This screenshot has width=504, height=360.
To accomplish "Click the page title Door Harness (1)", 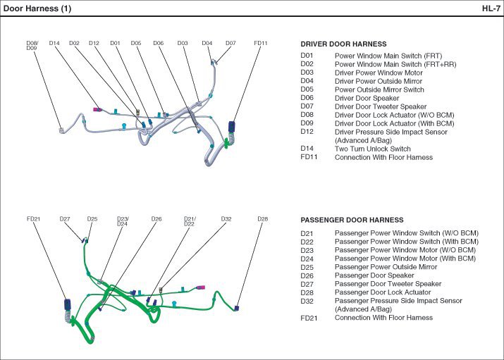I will [x=37, y=8].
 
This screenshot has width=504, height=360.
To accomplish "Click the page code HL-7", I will [x=491, y=8].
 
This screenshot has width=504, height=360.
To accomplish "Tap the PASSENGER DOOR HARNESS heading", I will [x=352, y=220].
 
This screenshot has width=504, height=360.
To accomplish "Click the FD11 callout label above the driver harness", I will [x=261, y=43].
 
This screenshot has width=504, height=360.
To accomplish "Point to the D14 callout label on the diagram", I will [x=55, y=43].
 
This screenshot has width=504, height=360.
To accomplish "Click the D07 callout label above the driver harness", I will [x=231, y=43].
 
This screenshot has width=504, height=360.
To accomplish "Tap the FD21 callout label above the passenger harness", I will [x=34, y=219].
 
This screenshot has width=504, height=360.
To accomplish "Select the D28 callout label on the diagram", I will [x=262, y=219].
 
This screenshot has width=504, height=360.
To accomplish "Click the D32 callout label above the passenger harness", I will [x=226, y=219].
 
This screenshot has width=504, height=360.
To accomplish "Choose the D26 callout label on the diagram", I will [x=156, y=219].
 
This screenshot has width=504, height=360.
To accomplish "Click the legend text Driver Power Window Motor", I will [x=379, y=73].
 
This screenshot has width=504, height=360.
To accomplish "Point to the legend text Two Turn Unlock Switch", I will [x=372, y=149].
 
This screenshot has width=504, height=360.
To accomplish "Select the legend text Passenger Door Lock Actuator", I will [x=383, y=292].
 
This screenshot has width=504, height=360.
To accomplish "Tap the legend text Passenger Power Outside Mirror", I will [x=386, y=267].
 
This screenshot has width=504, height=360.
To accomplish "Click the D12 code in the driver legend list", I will [x=307, y=132].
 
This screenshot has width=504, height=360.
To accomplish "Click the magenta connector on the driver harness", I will [x=98, y=109].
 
